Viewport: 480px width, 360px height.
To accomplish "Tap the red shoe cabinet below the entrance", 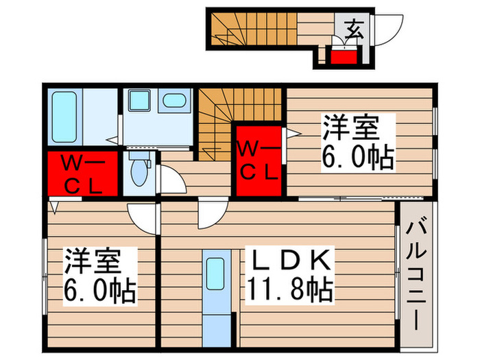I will [x=344, y=56].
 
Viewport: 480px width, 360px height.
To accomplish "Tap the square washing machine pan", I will [x=139, y=101].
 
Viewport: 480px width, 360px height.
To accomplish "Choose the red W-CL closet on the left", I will [x=81, y=175].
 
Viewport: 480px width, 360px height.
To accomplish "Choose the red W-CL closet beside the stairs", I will [x=259, y=159].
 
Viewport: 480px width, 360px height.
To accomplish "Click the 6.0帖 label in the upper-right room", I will [x=357, y=158].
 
